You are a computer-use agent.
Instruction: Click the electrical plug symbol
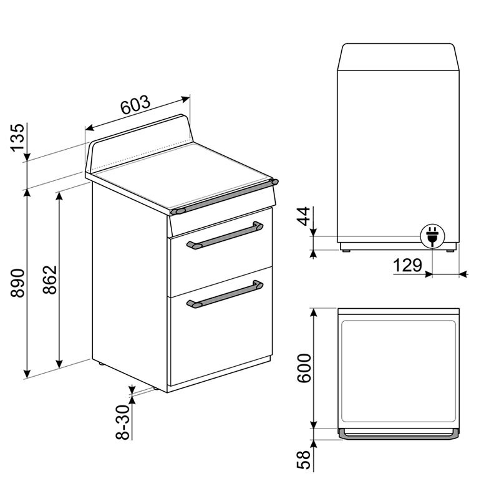pyautogui.click(x=430, y=236)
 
